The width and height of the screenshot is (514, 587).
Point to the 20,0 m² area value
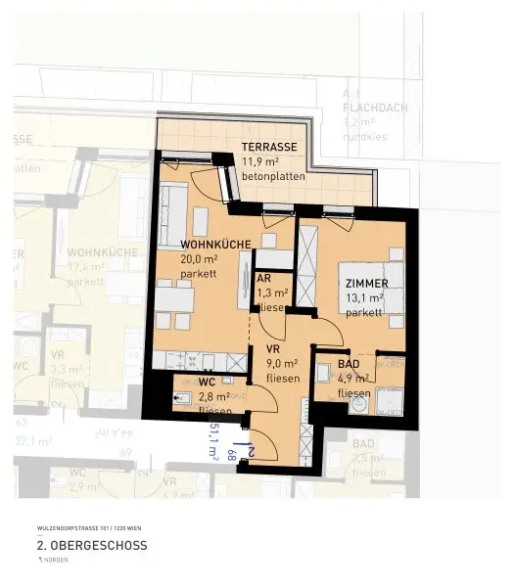tap(199, 259)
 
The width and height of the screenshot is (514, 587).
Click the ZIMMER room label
tap(367, 284)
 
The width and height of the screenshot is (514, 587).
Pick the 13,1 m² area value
tap(363, 299)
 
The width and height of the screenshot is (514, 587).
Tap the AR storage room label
tap(263, 277)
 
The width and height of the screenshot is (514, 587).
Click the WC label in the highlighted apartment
tap(207, 382)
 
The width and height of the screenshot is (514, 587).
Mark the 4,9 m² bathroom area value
tap(353, 379)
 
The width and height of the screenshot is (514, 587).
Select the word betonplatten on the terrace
tap(273, 177)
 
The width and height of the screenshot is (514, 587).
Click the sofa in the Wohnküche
tap(174, 209)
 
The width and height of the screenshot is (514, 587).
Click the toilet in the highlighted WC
tap(183, 398)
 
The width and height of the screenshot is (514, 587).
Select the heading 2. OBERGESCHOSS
tap(92, 545)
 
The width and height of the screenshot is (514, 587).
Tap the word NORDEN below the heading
tap(60, 562)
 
